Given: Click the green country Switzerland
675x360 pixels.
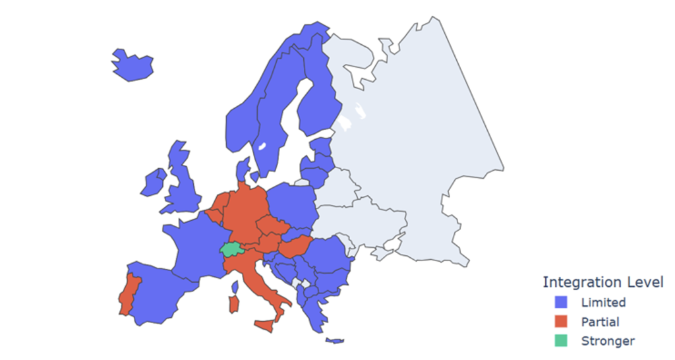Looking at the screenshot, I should click(x=230, y=249).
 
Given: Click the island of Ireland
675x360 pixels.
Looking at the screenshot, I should click(x=154, y=182).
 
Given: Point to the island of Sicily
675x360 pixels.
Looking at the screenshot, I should click(x=267, y=326).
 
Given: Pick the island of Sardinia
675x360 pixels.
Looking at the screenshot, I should click(x=232, y=304).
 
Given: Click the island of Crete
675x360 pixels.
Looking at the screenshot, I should click(x=335, y=341).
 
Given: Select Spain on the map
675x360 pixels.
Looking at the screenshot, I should click(x=161, y=293).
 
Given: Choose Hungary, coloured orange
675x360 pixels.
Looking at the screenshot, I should click(x=295, y=247).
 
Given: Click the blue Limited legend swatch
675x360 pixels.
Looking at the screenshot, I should click(x=561, y=303).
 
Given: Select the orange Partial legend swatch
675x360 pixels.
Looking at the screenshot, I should click(x=561, y=322).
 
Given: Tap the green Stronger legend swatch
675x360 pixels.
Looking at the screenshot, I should click(x=561, y=341).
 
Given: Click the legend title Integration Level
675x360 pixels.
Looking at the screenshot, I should click(x=602, y=282).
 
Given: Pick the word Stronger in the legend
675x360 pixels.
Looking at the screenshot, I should click(x=608, y=341).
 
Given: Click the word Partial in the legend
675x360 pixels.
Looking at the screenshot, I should click(x=600, y=322).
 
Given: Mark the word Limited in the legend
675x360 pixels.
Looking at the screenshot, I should click(x=603, y=303).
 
